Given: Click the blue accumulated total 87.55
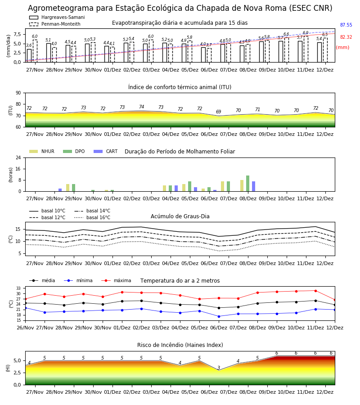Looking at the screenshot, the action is point(346,25).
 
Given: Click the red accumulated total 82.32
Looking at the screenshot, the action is point(346,37).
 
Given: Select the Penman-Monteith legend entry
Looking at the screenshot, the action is point(55,24).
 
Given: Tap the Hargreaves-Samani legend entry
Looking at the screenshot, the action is point(57,17).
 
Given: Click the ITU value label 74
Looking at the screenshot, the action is point(141,107).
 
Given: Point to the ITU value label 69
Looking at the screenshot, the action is point(219,112).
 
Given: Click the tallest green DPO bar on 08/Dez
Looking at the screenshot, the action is point(247,184).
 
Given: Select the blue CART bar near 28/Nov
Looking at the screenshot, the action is point(60,190).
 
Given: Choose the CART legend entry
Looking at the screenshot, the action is point(106,151).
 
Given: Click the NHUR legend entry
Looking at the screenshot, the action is point(42,151).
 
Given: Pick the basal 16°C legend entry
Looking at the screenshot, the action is point(92,217).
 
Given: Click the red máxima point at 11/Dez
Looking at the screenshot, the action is point(315,291).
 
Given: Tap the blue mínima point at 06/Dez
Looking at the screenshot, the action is point(219,316).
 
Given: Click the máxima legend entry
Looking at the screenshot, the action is point(116,280).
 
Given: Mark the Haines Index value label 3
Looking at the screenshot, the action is point(219,368).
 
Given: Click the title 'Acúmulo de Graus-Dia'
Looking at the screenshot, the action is point(180,216).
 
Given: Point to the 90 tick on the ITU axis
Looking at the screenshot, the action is point(18,93).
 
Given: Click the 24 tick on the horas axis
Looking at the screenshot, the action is point(18,157).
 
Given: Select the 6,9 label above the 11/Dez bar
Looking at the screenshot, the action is point(306,33).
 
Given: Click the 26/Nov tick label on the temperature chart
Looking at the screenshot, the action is point(25,328).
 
